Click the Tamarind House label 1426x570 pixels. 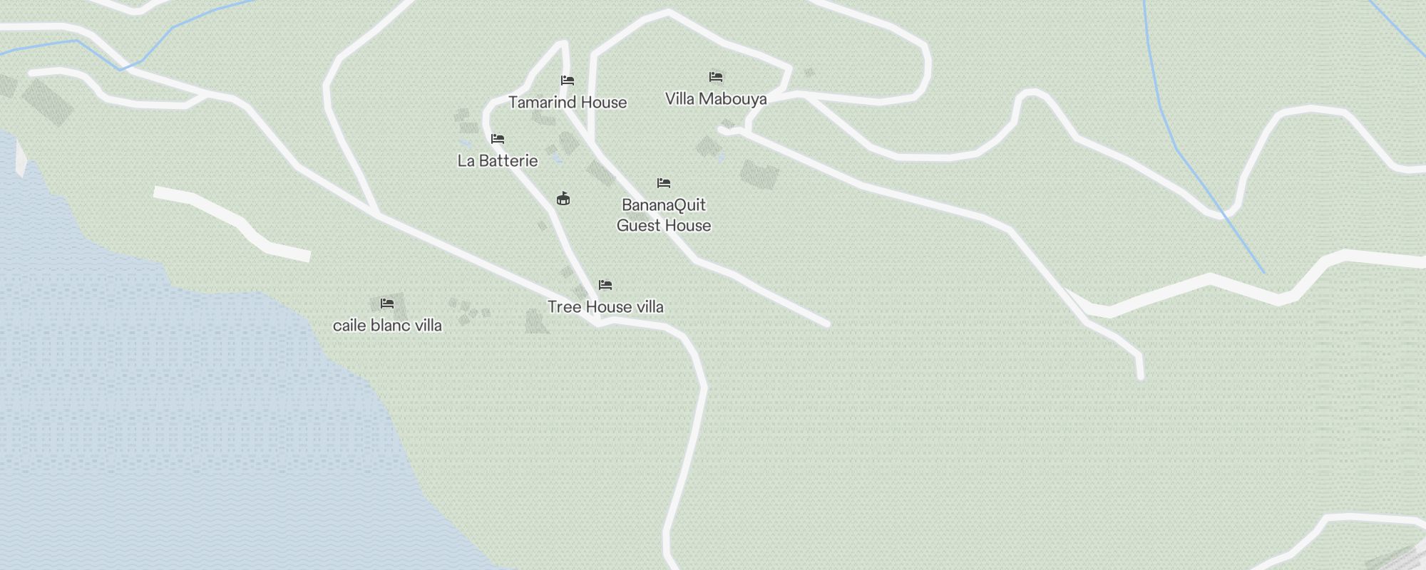[x=568, y=103]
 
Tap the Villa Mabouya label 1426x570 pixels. [x=716, y=99]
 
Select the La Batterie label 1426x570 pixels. [x=498, y=161]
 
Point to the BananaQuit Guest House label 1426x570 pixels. [x=664, y=215]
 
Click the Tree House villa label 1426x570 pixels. [x=605, y=307]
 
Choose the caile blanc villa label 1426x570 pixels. [x=387, y=326]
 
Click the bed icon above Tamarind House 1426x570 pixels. [x=568, y=81]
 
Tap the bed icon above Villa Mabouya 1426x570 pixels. [x=716, y=77]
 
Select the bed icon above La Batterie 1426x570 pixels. [x=498, y=139]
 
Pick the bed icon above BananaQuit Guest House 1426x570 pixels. [x=664, y=183]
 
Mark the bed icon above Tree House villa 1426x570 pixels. [x=605, y=285]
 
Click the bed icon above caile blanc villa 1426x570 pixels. [x=387, y=304]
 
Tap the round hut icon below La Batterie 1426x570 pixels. [x=563, y=198]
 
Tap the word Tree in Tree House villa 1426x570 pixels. [x=563, y=307]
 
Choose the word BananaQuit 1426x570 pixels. [x=664, y=205]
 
